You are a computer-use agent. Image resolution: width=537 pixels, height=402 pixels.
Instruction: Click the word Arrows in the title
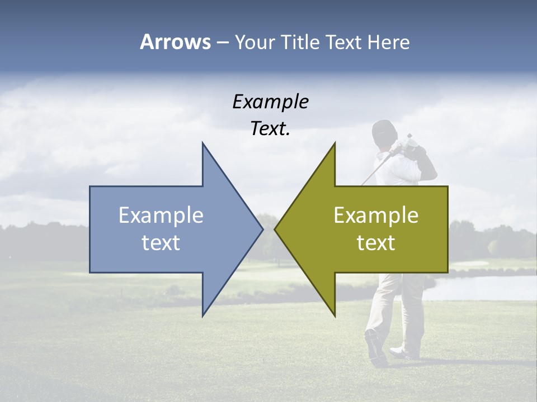[x=175, y=42]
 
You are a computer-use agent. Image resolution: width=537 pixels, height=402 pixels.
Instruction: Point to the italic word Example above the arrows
[x=271, y=102]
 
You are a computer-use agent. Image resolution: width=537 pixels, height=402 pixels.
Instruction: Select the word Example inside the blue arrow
[x=161, y=216]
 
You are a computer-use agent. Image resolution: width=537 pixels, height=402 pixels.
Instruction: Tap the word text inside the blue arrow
[x=161, y=243]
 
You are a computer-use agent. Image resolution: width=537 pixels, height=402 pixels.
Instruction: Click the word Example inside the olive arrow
[x=376, y=216]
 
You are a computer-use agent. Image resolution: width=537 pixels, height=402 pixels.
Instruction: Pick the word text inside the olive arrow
[x=376, y=243]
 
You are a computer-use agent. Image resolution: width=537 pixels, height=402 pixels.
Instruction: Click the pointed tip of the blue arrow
[x=261, y=228]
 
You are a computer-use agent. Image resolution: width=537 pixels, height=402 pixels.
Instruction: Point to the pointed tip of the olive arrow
[x=276, y=228]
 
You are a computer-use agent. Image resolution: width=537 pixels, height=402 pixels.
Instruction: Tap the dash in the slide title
[x=222, y=42]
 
